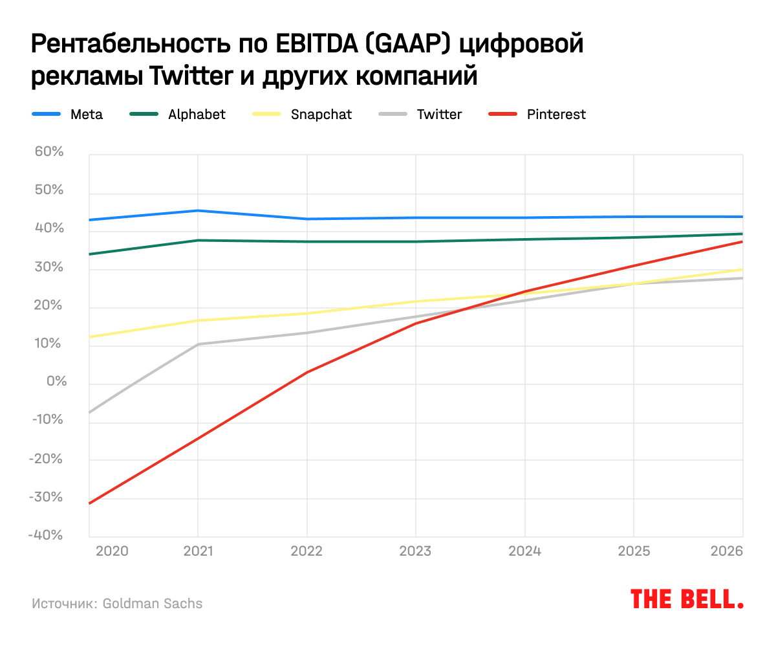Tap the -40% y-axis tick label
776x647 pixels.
[x=45, y=535]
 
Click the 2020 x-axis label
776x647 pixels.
[x=112, y=551]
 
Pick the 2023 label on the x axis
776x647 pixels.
[x=415, y=551]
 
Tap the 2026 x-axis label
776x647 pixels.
[x=726, y=551]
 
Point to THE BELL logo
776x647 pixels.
[x=687, y=598]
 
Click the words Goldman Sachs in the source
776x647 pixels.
[x=153, y=604]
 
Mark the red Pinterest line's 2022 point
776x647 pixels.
[x=307, y=372]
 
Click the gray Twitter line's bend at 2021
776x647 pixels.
[x=197, y=344]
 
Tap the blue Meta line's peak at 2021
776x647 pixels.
[x=197, y=210]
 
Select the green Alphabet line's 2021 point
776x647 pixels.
[x=197, y=241]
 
